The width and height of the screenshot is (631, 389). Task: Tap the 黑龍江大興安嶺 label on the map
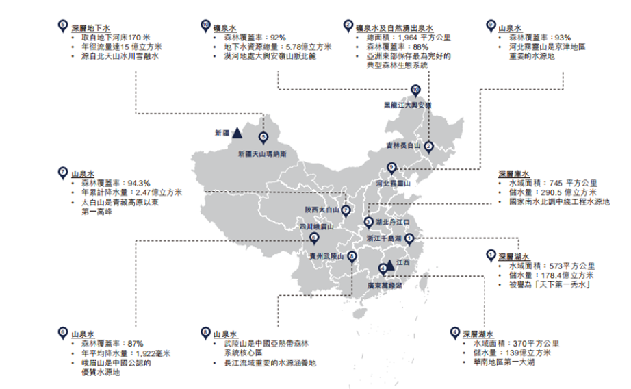[x=408, y=106]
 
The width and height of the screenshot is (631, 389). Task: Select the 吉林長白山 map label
[x=402, y=146]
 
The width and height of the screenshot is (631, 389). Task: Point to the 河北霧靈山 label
[x=392, y=184]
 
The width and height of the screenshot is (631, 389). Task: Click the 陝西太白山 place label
[x=322, y=210]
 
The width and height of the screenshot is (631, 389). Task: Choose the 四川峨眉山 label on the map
[x=315, y=226]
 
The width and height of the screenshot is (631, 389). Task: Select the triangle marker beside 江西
[x=389, y=264]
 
